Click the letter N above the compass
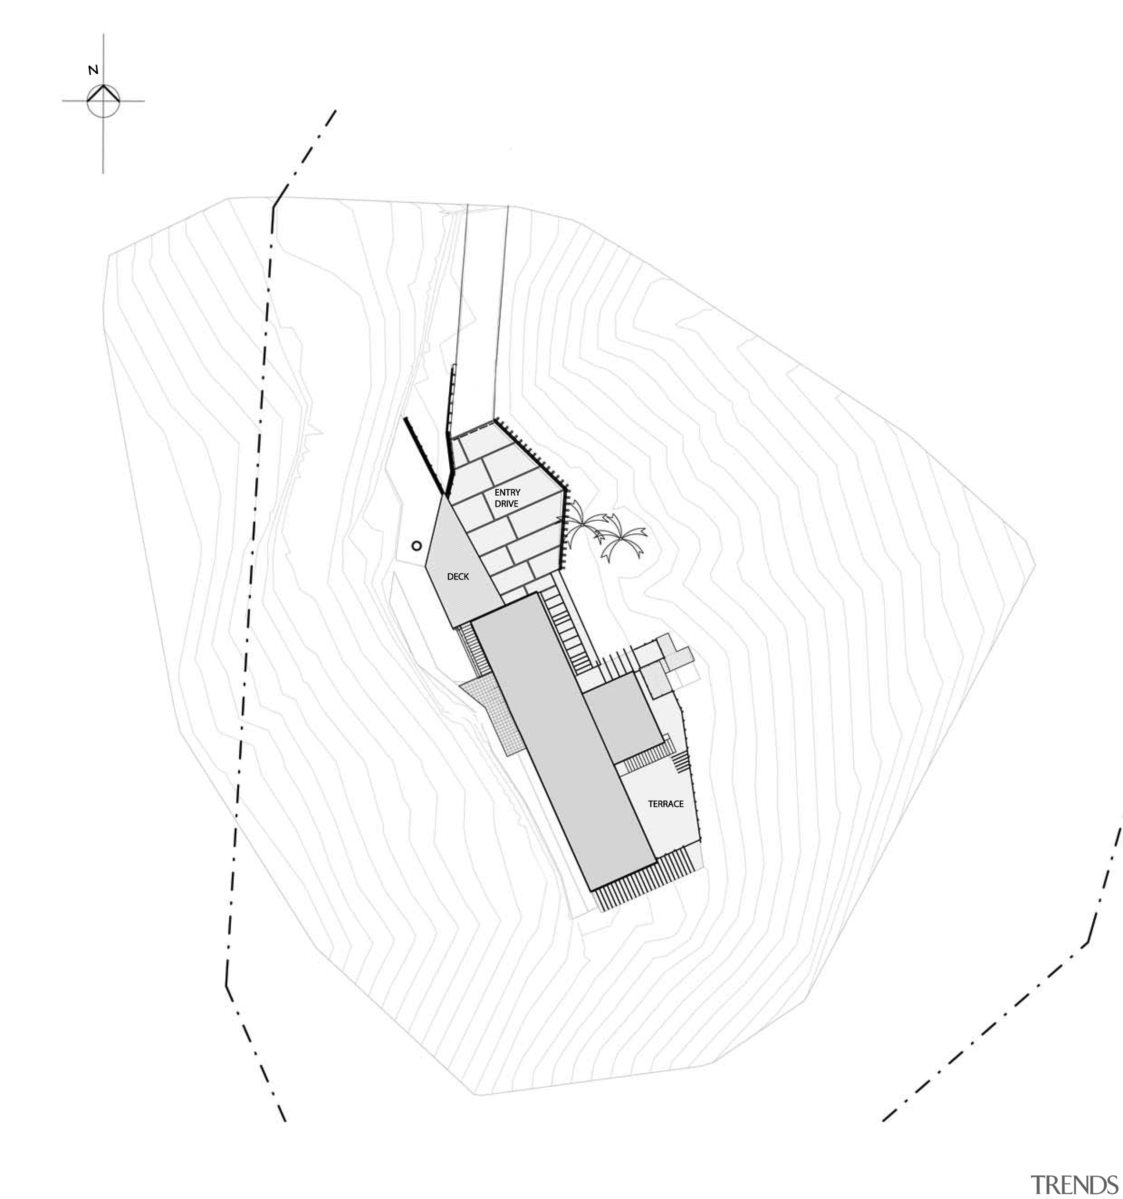[x=93, y=70]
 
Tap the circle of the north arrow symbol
[x=103, y=101]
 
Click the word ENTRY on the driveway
[x=507, y=493]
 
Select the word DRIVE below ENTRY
[x=506, y=504]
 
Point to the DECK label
[x=458, y=576]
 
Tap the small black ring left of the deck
[x=415, y=546]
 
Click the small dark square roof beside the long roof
[x=622, y=718]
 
